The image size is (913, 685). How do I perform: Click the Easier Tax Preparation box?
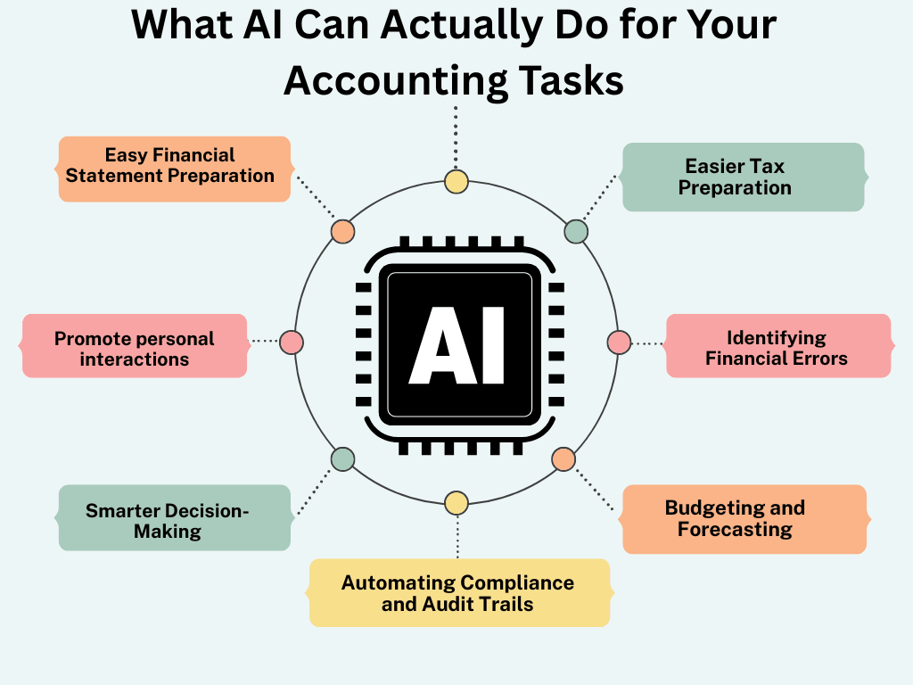point(743,177)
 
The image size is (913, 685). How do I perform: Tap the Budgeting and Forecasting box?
point(743,519)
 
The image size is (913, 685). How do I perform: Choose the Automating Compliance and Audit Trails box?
point(458,593)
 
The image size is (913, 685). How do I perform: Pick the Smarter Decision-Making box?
point(175,519)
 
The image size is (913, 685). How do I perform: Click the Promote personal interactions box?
point(135,349)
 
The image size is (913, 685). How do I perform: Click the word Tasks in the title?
point(568,80)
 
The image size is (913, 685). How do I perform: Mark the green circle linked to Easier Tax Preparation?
point(576,232)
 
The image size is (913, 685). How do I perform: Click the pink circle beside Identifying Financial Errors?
point(619,342)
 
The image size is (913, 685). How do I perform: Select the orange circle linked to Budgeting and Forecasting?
point(563,459)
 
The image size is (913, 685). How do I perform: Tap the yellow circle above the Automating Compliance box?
point(456,503)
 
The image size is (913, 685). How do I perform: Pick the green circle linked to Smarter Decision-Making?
point(342,459)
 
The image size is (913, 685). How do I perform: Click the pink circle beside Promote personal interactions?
point(292,342)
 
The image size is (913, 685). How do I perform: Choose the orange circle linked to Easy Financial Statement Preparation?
point(342,232)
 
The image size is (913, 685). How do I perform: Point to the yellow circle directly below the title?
point(456,182)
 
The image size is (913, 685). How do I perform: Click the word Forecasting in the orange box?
point(735,530)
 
